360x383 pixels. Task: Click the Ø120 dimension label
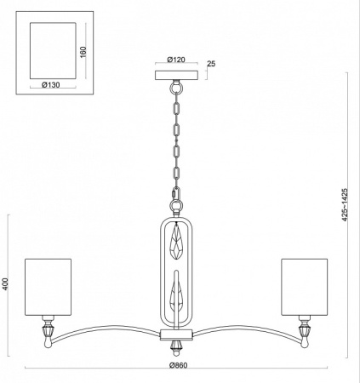pos(178,61)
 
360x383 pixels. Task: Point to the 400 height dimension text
pos(5,284)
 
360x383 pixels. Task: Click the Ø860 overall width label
pos(179,363)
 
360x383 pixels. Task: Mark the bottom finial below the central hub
pos(179,346)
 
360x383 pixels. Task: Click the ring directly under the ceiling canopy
pos(178,88)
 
